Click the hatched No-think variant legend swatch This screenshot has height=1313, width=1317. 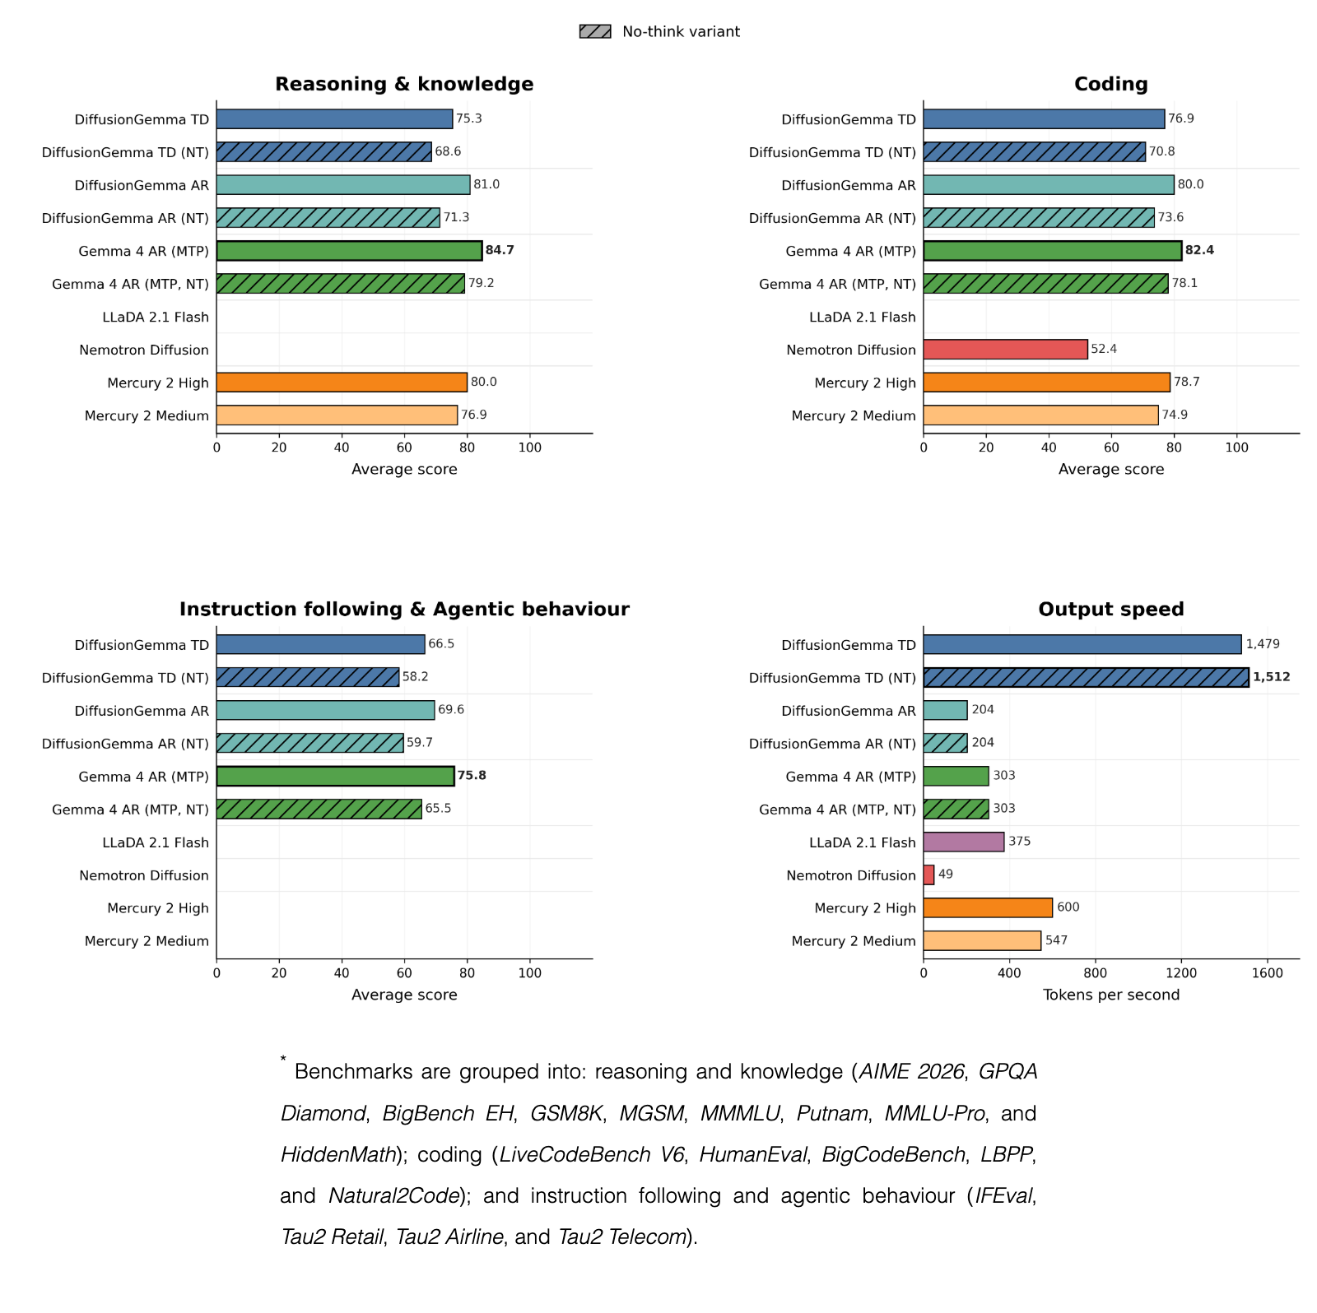pyautogui.click(x=595, y=31)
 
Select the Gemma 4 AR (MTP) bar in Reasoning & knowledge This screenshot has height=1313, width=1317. pyautogui.click(x=349, y=250)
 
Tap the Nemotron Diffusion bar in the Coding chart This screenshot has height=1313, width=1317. pyautogui.click(x=1005, y=349)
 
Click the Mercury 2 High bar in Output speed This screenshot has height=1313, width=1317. pyautogui.click(x=988, y=907)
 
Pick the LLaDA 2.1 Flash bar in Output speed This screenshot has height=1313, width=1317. pyautogui.click(x=964, y=842)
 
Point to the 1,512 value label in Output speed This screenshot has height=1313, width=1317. pyautogui.click(x=1272, y=677)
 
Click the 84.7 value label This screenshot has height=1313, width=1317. pyautogui.click(x=500, y=250)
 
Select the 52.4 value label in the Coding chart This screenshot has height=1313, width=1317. pyautogui.click(x=1104, y=349)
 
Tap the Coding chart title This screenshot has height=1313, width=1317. pyautogui.click(x=1111, y=84)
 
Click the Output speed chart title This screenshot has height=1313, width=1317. pyautogui.click(x=1111, y=609)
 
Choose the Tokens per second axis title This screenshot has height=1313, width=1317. pyautogui.click(x=1111, y=995)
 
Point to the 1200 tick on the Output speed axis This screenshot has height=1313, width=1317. pyautogui.click(x=1181, y=973)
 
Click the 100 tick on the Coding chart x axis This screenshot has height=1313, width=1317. pyautogui.click(x=1236, y=448)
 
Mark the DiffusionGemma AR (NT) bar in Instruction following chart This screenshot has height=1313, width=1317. pyautogui.click(x=309, y=743)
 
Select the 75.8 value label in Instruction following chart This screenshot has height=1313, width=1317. pyautogui.click(x=472, y=776)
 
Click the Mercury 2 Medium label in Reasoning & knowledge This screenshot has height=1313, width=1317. pyautogui.click(x=147, y=415)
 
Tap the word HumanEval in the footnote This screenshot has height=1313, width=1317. pyautogui.click(x=753, y=1154)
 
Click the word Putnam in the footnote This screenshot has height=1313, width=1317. pyautogui.click(x=832, y=1113)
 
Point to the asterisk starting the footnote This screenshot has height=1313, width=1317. pyautogui.click(x=283, y=1060)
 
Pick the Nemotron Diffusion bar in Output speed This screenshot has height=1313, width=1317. pyautogui.click(x=928, y=875)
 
